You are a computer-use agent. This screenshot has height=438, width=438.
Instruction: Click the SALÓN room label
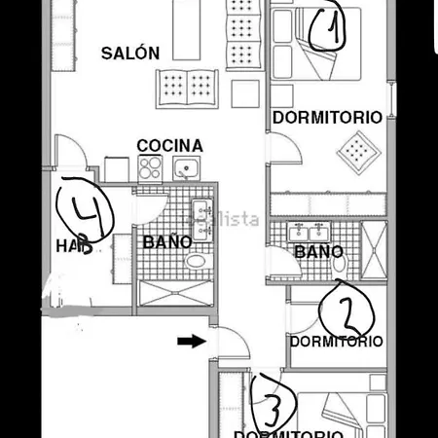[x=129, y=54]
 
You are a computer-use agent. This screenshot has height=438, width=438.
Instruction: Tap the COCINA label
[x=169, y=146]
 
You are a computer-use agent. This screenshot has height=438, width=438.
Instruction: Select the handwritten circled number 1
[x=328, y=31]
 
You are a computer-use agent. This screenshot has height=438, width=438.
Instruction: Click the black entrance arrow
[x=192, y=341]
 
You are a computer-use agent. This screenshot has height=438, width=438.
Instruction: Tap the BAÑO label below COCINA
[x=167, y=241]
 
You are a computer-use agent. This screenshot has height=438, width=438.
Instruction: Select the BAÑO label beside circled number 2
[x=318, y=252]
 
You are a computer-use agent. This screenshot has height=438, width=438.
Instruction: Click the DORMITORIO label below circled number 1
[x=326, y=117]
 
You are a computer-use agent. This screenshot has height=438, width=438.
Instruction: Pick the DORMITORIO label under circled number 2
[x=336, y=342]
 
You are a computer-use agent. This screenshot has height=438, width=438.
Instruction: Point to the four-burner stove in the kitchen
[x=150, y=168]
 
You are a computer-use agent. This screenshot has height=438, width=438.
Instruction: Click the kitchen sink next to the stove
[x=185, y=168]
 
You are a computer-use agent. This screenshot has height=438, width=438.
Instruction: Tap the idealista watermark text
[x=230, y=220]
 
